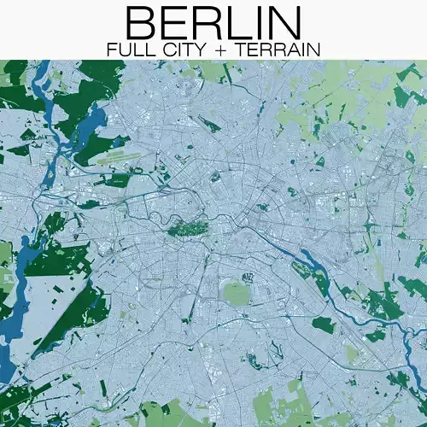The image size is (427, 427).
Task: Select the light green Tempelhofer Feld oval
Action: click(236, 293)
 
